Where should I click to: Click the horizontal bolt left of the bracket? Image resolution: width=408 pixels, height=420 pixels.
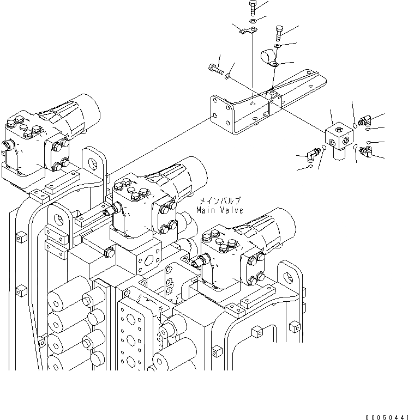tap(215, 69)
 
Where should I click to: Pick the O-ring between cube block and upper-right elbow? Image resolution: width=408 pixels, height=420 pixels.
tap(355, 125)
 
